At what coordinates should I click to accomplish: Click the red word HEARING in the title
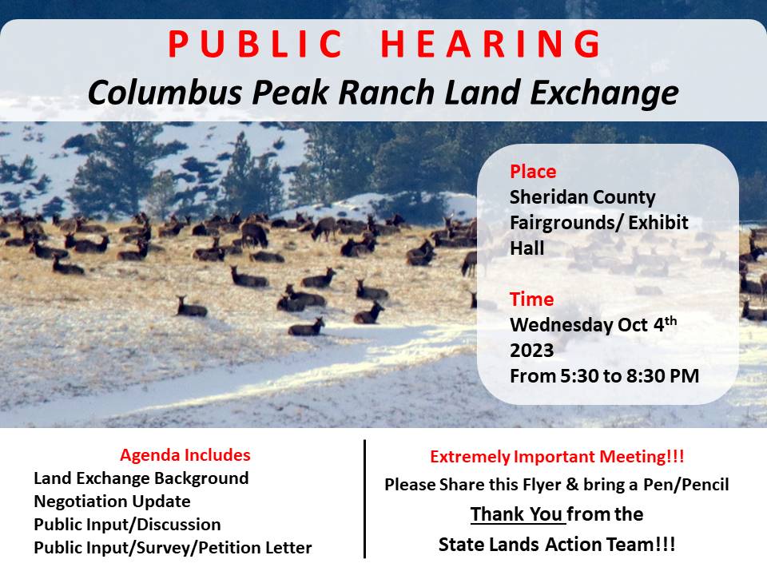click(x=491, y=45)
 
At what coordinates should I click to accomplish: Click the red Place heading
click(x=533, y=172)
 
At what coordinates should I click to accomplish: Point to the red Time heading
click(x=531, y=299)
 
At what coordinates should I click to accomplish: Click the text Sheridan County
click(x=582, y=197)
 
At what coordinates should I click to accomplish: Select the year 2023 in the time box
click(x=531, y=351)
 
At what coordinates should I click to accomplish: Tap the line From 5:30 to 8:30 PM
click(x=604, y=375)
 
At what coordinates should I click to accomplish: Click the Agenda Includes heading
click(x=185, y=455)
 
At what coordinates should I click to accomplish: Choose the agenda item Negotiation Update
click(x=112, y=502)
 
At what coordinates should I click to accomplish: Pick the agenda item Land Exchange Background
click(x=141, y=478)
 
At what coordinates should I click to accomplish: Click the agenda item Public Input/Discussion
click(x=127, y=525)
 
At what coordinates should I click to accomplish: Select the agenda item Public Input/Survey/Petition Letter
click(x=173, y=548)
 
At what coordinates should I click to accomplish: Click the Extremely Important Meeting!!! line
click(x=557, y=457)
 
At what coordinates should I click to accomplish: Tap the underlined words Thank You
click(x=516, y=514)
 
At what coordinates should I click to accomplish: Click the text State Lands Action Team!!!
click(x=557, y=545)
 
